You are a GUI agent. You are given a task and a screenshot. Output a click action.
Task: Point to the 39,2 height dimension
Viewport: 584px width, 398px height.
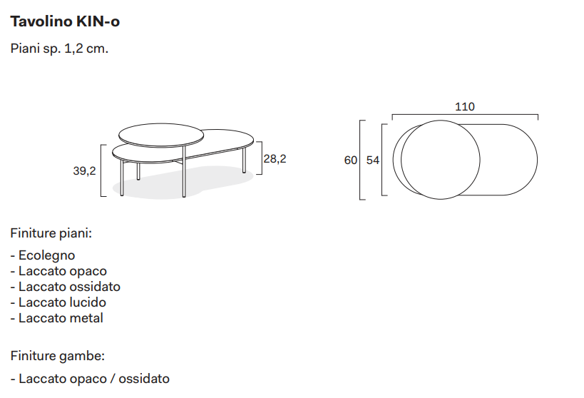(83, 170)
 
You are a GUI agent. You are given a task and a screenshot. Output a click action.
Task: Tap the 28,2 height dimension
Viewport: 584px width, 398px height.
(275, 159)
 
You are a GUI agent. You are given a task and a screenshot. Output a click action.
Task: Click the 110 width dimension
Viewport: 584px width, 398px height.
(464, 107)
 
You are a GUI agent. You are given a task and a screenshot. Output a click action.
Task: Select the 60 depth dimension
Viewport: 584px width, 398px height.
(350, 160)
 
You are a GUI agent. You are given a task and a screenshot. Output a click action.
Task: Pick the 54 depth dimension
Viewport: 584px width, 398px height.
(372, 160)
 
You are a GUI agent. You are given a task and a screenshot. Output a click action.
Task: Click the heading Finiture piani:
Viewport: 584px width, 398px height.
(51, 233)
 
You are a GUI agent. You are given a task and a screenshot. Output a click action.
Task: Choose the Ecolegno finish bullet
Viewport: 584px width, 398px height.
(46, 255)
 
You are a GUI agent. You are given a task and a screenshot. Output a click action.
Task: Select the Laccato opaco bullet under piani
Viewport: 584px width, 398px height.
(62, 271)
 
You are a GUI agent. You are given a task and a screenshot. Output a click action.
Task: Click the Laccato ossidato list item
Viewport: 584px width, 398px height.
(69, 287)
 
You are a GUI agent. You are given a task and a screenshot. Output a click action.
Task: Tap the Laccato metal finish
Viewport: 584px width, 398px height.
(61, 318)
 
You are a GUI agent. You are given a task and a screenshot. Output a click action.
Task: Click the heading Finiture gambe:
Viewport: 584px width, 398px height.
(57, 355)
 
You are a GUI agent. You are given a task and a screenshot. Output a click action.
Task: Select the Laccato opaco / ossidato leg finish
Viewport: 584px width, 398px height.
(94, 379)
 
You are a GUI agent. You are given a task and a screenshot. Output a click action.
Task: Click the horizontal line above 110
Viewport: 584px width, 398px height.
(464, 114)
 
